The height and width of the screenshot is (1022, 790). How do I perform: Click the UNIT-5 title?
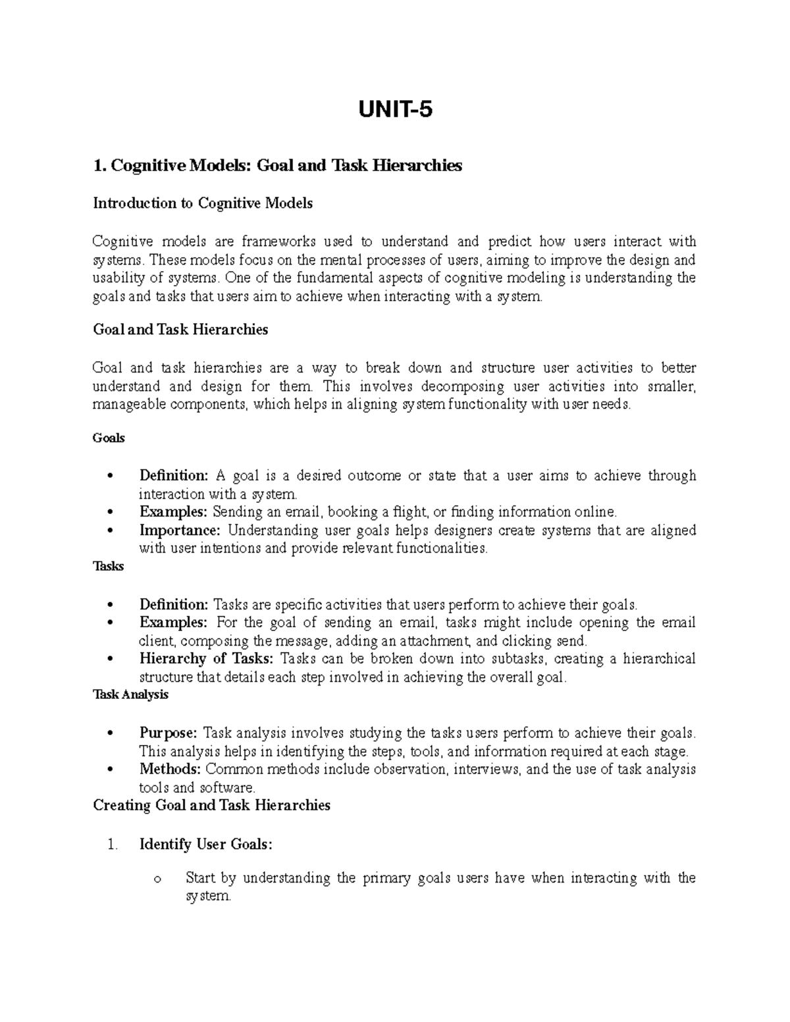pos(395,110)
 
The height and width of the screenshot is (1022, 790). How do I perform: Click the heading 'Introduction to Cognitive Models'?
pos(203,203)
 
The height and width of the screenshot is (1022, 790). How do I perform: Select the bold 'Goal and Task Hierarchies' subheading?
pos(180,330)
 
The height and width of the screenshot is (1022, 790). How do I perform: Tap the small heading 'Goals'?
pos(109,438)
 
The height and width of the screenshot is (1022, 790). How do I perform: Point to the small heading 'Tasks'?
pos(109,566)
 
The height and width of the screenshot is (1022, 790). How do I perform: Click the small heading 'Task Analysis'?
pos(131,694)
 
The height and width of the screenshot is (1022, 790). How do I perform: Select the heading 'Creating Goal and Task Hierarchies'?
pos(211,805)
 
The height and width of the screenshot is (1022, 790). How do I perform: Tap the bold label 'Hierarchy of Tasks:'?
pos(207,659)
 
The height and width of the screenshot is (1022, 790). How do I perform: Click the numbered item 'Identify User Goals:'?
pos(205,844)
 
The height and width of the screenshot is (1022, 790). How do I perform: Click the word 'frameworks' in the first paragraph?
pos(278,242)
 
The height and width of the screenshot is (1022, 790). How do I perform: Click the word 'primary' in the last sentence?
pos(385,878)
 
